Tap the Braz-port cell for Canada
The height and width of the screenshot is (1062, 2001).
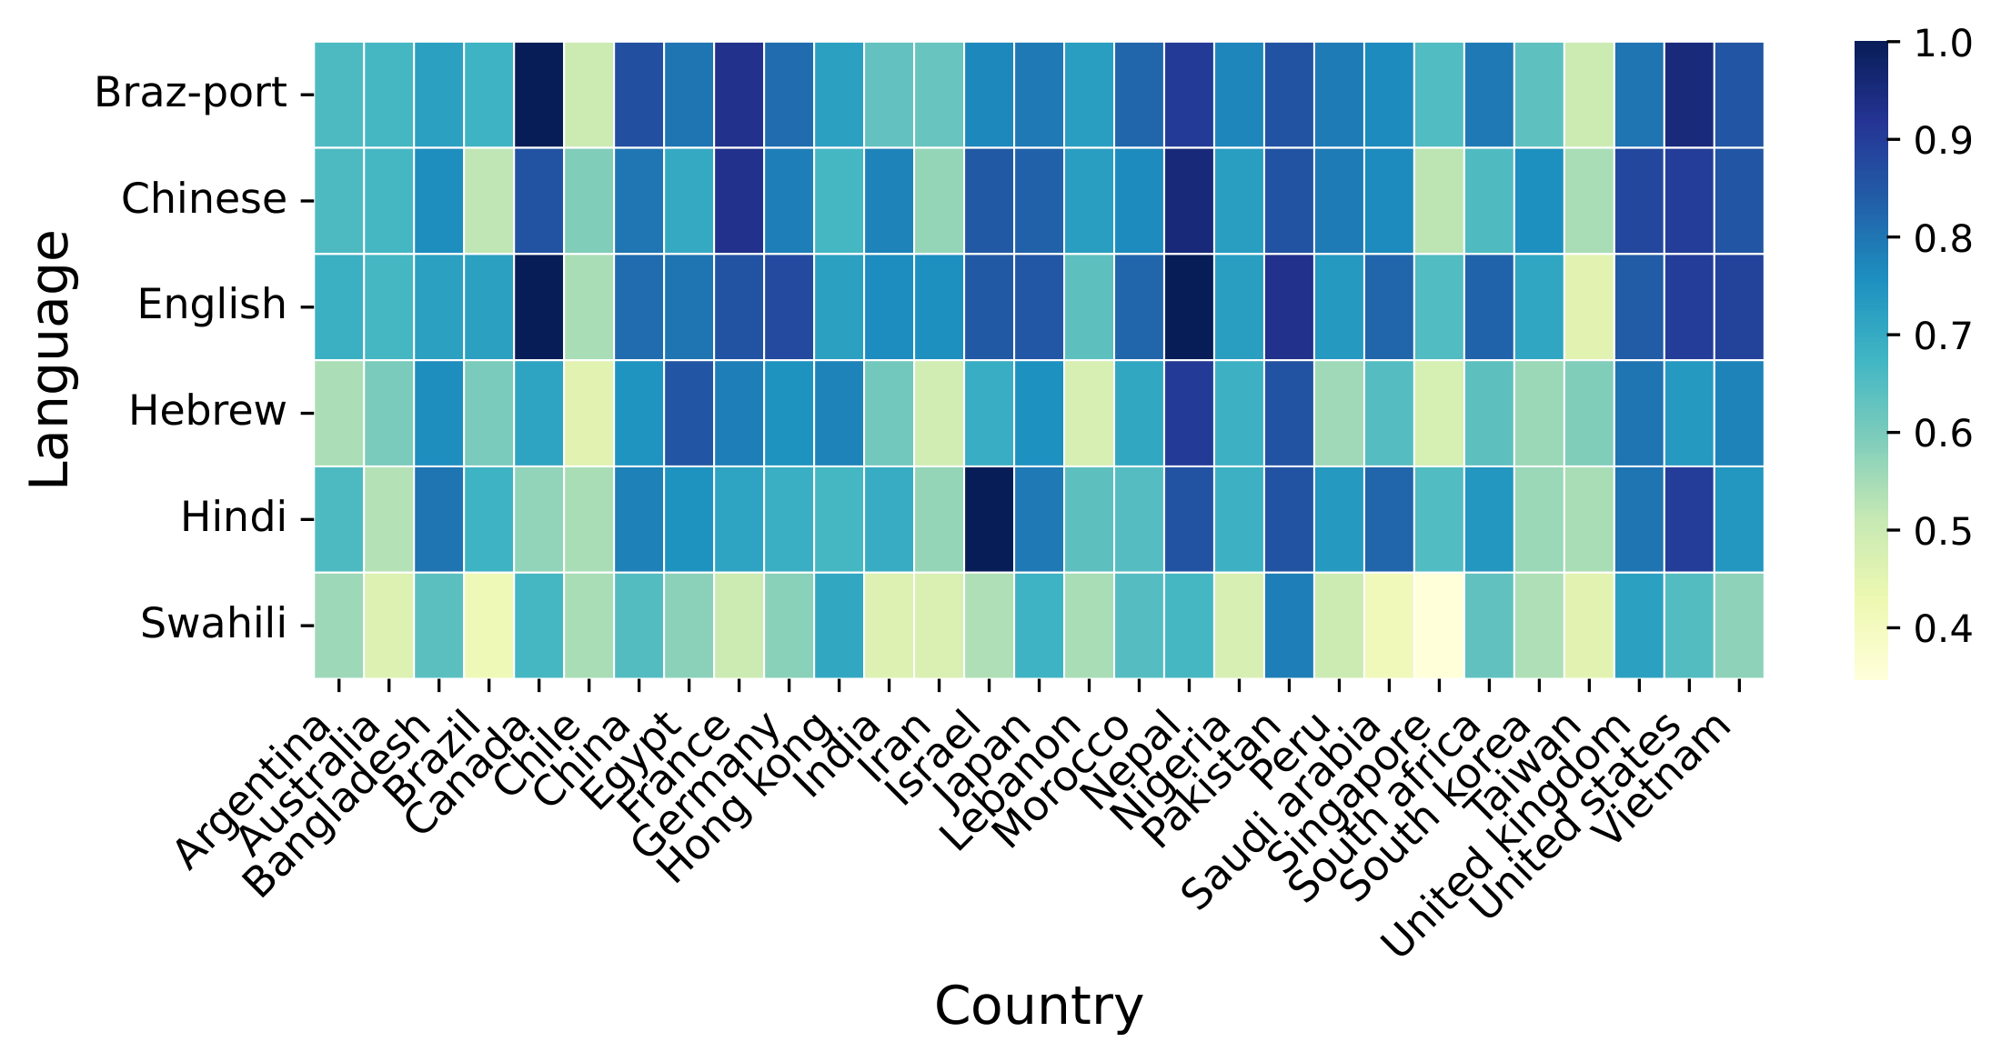(538, 95)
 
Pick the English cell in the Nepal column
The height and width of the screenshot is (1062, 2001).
(1189, 306)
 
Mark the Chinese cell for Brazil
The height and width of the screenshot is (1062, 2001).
(488, 200)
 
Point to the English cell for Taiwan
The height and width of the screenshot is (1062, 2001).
(1589, 306)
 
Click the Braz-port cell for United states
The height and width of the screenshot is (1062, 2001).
(1689, 95)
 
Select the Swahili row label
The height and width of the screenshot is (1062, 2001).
(214, 625)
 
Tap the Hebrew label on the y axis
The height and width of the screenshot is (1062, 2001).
(207, 412)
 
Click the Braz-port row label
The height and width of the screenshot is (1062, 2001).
(191, 94)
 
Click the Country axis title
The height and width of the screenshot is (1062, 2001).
(1038, 1007)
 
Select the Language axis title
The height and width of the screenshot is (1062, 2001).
(50, 359)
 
